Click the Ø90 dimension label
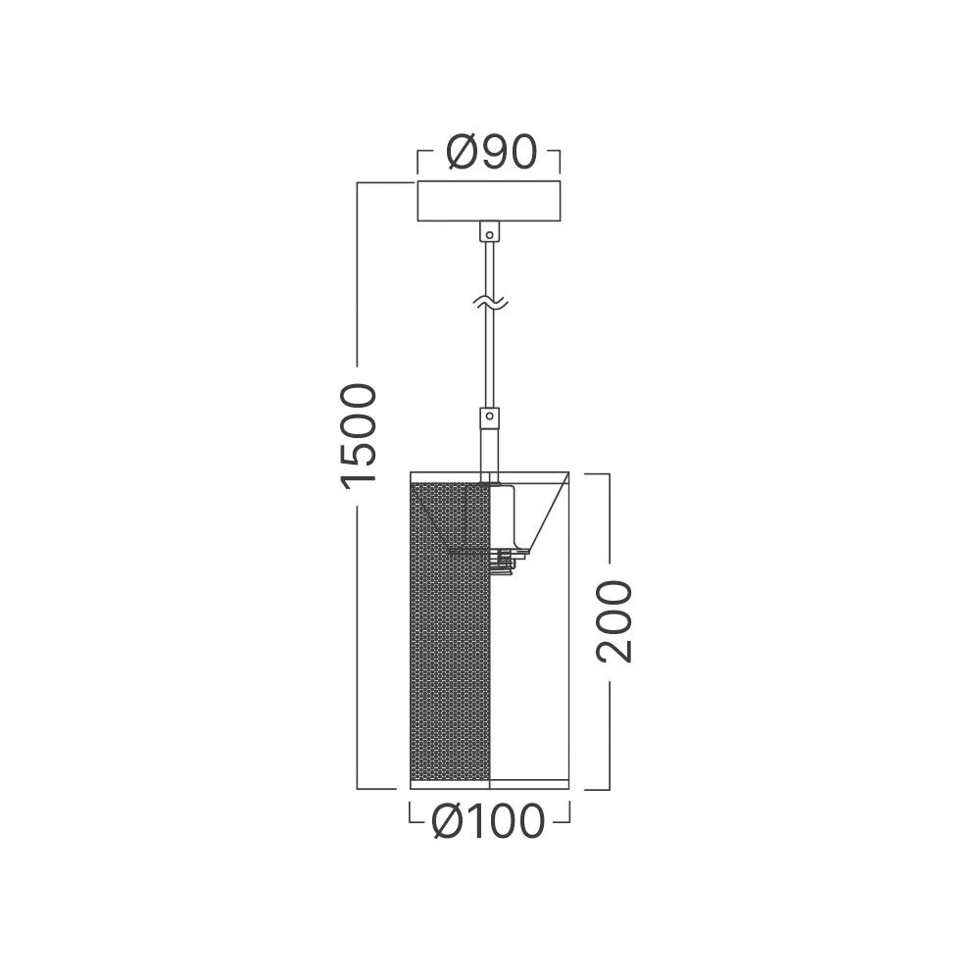(x=489, y=153)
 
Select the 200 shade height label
(x=614, y=621)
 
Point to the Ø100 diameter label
(x=488, y=821)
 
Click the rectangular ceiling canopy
(x=488, y=202)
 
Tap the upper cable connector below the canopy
(x=488, y=233)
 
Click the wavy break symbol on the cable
(x=488, y=305)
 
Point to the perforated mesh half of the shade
(x=450, y=637)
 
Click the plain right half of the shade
(x=529, y=666)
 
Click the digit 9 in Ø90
(x=495, y=153)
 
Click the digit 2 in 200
(x=614, y=648)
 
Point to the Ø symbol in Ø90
(x=462, y=153)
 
